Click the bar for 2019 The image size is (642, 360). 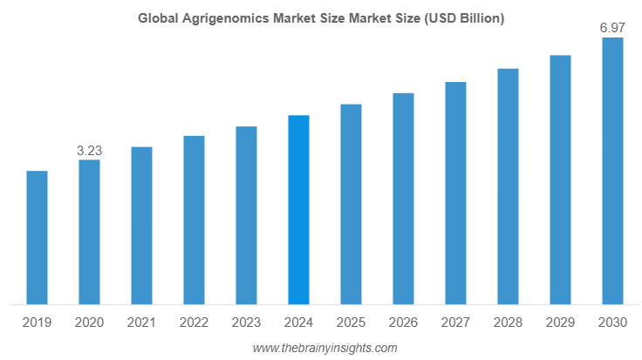[37, 238]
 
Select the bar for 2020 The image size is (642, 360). [89, 233]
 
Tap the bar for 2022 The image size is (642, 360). [194, 221]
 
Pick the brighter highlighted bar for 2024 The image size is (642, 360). [298, 210]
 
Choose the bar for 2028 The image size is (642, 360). [508, 187]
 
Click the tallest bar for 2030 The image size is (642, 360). [612, 172]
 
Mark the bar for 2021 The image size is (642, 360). [141, 226]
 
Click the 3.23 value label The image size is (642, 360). [89, 151]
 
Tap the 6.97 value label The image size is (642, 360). [612, 29]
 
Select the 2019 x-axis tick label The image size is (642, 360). [37, 323]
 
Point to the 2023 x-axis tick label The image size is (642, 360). [246, 323]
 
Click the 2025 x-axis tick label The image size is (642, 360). [351, 323]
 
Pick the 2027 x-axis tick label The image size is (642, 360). [455, 323]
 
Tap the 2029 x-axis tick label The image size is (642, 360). [560, 323]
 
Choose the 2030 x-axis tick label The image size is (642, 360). [612, 323]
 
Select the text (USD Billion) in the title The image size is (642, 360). [461, 18]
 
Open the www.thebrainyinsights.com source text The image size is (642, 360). [324, 348]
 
